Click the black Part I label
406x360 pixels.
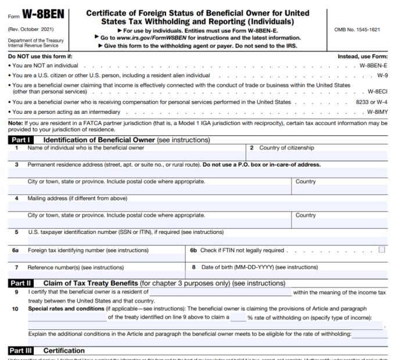click(20, 140)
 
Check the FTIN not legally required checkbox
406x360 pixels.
click(382, 250)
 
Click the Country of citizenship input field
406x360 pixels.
click(317, 156)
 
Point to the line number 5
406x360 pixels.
click(16, 232)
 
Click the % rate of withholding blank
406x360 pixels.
click(238, 318)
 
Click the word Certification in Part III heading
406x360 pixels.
click(63, 351)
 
